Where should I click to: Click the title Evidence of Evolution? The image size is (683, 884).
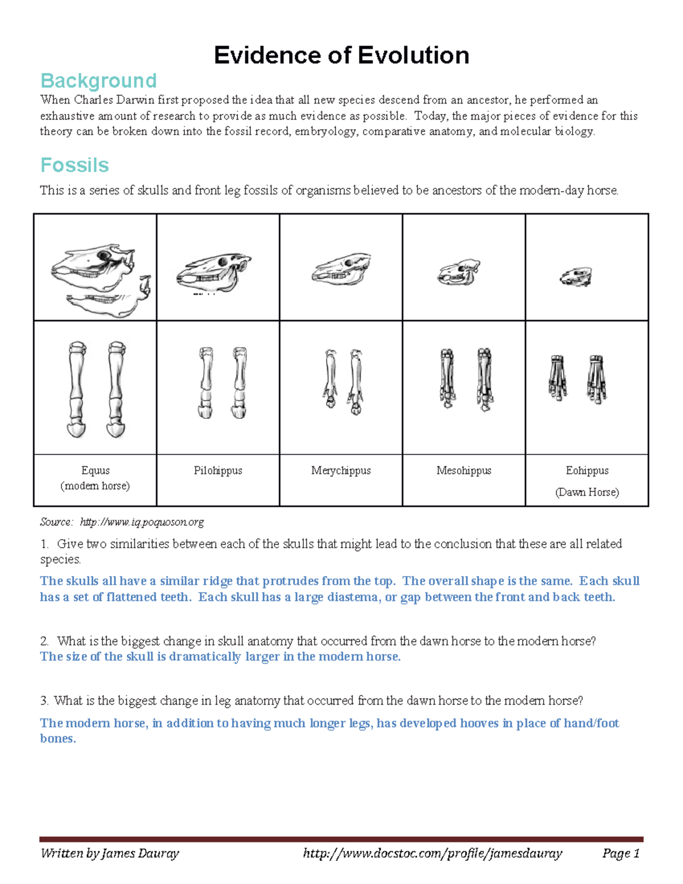click(x=341, y=56)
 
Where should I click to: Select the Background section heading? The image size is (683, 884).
click(x=98, y=81)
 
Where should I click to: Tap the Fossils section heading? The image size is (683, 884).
click(x=75, y=165)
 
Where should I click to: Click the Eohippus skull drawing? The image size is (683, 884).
click(x=576, y=277)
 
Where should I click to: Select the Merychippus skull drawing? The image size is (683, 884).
click(x=341, y=269)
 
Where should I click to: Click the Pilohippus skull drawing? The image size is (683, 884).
click(x=214, y=270)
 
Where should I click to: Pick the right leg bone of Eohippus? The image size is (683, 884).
click(x=596, y=379)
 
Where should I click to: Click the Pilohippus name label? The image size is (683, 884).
click(x=218, y=471)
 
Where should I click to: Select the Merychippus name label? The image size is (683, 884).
click(x=341, y=471)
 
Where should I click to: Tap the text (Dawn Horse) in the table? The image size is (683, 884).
click(x=587, y=492)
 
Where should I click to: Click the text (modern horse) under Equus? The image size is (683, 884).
click(x=95, y=486)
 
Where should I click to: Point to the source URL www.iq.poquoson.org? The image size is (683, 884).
click(x=142, y=522)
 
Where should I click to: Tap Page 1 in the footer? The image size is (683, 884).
click(x=621, y=853)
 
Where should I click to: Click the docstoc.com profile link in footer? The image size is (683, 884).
click(x=433, y=853)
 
